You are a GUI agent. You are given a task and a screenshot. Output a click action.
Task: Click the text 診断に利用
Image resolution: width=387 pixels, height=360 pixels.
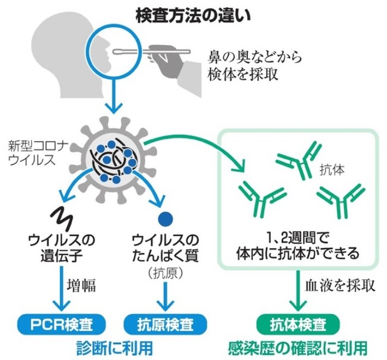[111, 347]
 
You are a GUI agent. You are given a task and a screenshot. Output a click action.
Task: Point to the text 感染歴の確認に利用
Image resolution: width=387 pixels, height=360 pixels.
[297, 347]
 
